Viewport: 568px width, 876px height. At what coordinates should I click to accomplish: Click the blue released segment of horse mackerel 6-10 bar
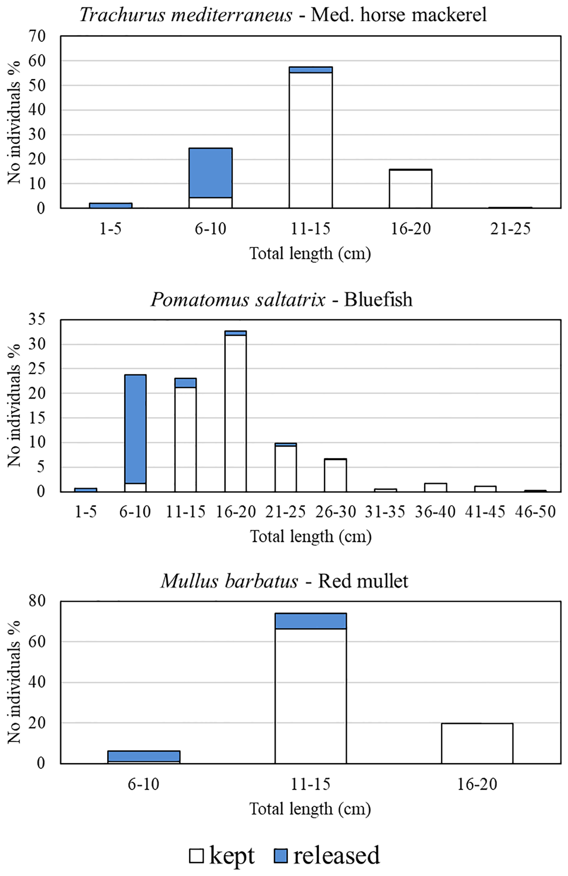click(x=210, y=173)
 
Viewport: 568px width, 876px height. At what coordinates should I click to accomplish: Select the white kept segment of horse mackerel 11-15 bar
click(x=310, y=140)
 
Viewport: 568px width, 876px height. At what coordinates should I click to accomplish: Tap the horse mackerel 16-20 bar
click(x=411, y=189)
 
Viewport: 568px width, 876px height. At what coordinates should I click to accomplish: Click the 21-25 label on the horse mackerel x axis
click(x=510, y=229)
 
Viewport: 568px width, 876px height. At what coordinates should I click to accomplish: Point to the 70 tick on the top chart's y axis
click(x=37, y=36)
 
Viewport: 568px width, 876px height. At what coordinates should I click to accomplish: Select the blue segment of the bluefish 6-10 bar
click(x=135, y=429)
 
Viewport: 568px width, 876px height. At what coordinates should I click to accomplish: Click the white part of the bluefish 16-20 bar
click(x=235, y=413)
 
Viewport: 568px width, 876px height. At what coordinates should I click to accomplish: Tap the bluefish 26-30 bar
click(x=335, y=475)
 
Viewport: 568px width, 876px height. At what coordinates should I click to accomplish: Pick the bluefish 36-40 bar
click(x=436, y=487)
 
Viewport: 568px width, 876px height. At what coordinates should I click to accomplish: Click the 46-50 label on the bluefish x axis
click(x=535, y=512)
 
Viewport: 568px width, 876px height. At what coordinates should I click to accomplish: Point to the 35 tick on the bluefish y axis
click(x=37, y=320)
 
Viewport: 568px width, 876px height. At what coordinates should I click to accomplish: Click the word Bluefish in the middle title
click(x=378, y=300)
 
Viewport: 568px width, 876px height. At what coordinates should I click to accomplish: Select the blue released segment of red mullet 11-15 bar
click(x=310, y=621)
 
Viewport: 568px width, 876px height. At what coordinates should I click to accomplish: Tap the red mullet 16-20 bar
click(x=477, y=743)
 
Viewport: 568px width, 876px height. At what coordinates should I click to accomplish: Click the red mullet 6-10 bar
click(x=144, y=757)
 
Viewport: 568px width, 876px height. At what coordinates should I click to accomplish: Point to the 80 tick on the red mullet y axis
click(x=37, y=601)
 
